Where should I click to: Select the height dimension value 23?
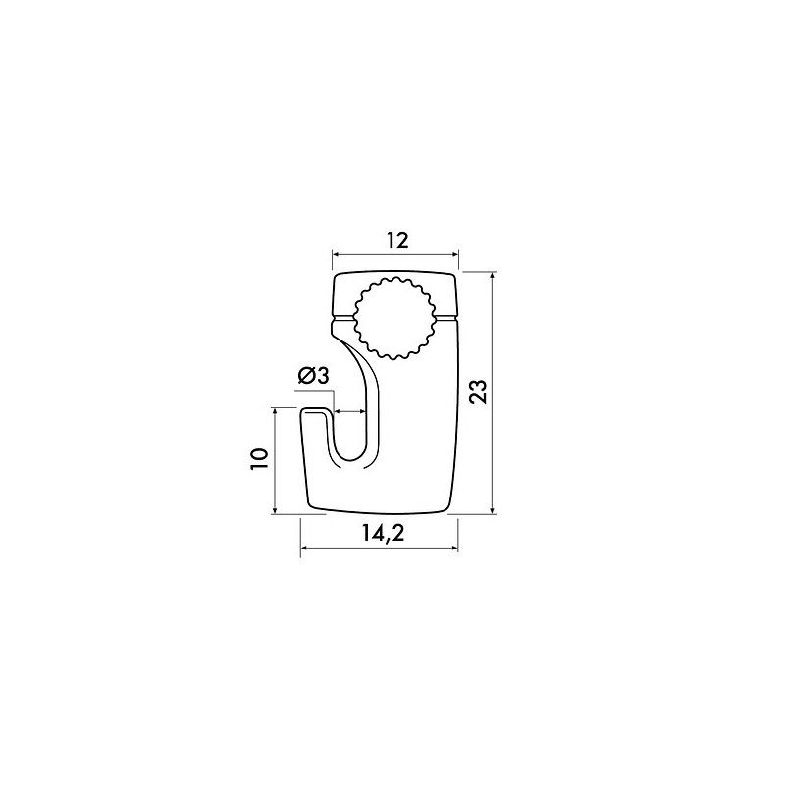pyautogui.click(x=478, y=392)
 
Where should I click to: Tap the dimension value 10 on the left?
pyautogui.click(x=259, y=459)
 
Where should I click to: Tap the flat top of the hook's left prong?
pyautogui.click(x=316, y=411)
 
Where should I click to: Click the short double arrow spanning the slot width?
pyautogui.click(x=350, y=411)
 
